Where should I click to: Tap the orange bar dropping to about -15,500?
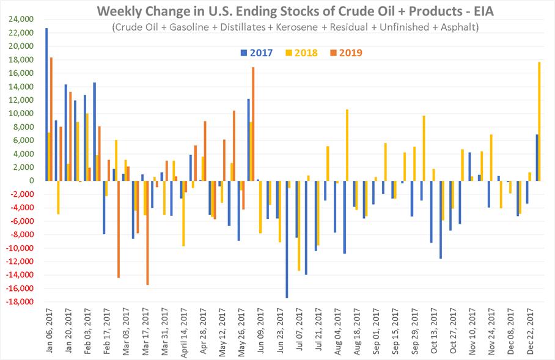coord(147,232)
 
